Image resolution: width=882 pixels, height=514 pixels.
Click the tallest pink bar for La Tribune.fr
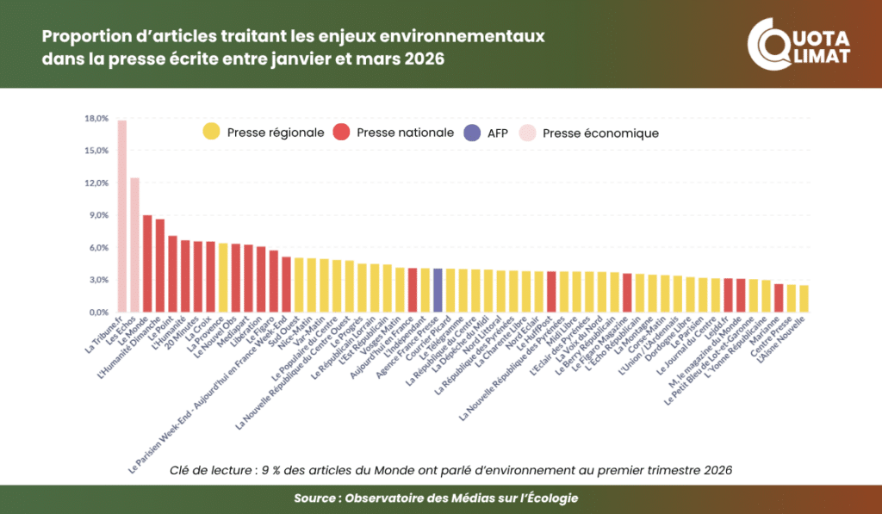click(x=122, y=215)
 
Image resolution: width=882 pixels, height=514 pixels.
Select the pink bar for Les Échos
click(x=134, y=245)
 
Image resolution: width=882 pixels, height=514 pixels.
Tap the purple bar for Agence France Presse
click(x=438, y=290)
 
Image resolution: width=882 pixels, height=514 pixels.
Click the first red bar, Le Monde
click(x=147, y=263)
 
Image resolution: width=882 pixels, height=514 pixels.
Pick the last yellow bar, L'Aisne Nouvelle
click(x=804, y=298)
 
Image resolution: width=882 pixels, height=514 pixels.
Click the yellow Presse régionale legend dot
click(x=210, y=133)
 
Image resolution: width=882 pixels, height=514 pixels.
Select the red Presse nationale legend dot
click(x=341, y=133)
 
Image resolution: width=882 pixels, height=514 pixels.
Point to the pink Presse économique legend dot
click(x=525, y=133)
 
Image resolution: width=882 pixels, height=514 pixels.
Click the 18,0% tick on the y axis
click(x=96, y=118)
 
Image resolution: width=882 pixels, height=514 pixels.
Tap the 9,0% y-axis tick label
click(x=97, y=215)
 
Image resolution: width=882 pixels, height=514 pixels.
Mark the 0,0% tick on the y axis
click(x=97, y=312)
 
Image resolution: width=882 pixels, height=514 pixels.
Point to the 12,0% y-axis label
click(x=96, y=183)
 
